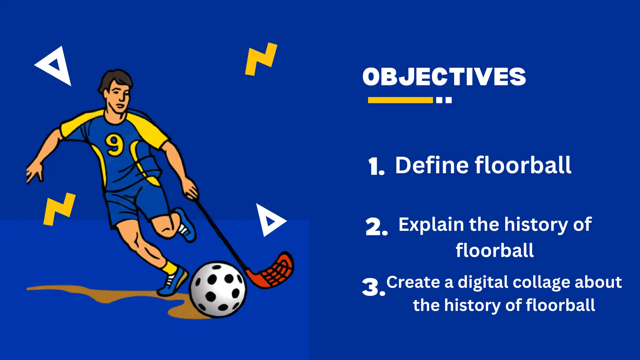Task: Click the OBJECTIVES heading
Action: tap(444, 77)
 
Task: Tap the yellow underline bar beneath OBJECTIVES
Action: tap(400, 100)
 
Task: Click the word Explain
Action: tap(431, 225)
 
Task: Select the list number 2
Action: tap(376, 227)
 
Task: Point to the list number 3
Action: tap(372, 287)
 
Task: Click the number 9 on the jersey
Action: tap(114, 144)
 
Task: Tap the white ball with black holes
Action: tap(218, 289)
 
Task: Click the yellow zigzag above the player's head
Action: tap(261, 59)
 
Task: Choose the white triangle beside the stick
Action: tap(269, 220)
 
